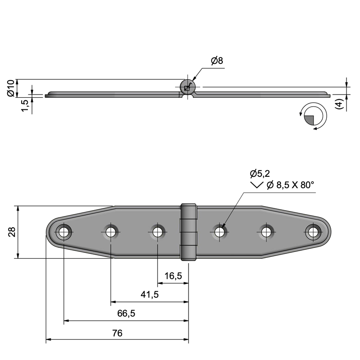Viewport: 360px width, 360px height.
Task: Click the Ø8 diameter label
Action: click(217, 61)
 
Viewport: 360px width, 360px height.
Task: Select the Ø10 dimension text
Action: click(11, 88)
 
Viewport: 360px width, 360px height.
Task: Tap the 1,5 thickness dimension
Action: click(25, 106)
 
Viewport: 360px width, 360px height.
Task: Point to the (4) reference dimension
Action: click(339, 104)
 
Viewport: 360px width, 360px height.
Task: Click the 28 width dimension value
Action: click(12, 232)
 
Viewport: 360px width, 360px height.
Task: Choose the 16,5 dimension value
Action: click(173, 276)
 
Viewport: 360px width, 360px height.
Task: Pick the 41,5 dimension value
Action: click(149, 294)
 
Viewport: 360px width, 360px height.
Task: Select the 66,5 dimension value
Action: click(126, 313)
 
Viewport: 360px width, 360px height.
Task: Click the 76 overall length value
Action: click(117, 333)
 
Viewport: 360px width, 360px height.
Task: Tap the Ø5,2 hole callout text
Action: click(260, 174)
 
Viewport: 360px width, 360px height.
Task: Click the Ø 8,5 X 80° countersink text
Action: click(290, 185)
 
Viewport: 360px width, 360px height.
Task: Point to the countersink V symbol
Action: click(256, 185)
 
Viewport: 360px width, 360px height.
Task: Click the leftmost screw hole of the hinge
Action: click(63, 232)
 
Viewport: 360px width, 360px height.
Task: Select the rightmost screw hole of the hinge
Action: click(313, 232)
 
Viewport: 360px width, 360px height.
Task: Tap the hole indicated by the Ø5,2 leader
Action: click(220, 232)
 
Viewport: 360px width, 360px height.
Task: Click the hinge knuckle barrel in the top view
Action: click(189, 232)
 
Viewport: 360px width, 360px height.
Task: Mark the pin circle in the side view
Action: click(188, 87)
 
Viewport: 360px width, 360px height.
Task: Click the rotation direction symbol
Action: click(313, 116)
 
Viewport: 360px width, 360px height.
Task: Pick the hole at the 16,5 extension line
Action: click(157, 232)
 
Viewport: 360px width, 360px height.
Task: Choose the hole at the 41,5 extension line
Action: click(111, 232)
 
